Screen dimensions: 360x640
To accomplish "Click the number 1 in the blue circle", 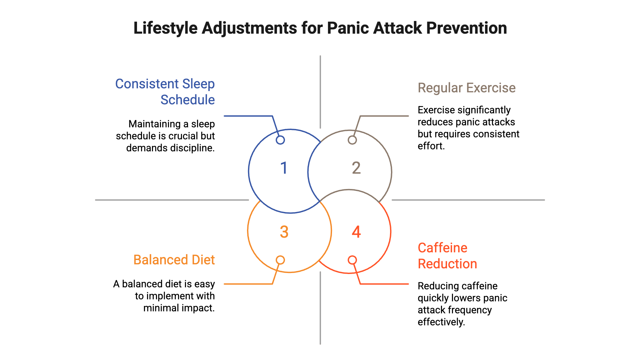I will coord(284,168).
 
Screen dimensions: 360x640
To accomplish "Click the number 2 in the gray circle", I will coord(356,168).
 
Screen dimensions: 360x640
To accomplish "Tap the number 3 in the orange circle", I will coord(284,232).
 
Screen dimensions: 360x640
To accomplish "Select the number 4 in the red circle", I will coord(356,232).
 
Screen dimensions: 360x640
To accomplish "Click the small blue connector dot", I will coord(280,140).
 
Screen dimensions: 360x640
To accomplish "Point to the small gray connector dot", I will coord(352,140).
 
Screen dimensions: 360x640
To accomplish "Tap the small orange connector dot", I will coord(280,260).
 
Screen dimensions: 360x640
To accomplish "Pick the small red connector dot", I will coord(352,260).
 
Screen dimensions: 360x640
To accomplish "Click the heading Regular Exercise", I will coord(466,88).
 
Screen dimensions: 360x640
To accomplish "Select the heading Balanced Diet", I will coord(174,260).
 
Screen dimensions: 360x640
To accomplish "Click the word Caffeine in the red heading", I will coord(442,248).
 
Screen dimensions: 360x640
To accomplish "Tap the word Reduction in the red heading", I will coord(447,264).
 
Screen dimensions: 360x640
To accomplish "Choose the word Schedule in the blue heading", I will coord(188,100).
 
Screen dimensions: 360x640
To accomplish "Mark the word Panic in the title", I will coord(348,28).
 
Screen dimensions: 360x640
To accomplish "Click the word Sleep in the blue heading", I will coord(198,84).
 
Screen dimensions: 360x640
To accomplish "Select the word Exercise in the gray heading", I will coord(491,88).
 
